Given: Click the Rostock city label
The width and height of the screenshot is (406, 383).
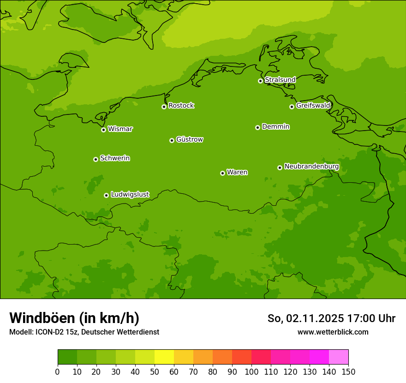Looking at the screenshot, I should pos(181,106).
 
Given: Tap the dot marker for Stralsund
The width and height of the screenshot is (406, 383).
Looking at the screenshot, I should pos(260,81).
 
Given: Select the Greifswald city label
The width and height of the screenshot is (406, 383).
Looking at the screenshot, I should pos(313,106).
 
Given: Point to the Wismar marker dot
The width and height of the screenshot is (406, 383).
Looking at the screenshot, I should pos(103,130).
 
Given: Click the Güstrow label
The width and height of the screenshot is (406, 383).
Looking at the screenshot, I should pos(190,139).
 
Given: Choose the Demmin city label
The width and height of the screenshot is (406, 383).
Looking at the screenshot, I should pos(275,126).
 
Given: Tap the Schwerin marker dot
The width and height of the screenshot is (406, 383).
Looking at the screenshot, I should pos(96,159).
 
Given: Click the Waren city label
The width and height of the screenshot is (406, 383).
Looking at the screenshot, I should pos(237,172).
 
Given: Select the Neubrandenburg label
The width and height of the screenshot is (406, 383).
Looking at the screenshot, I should pos(311,167).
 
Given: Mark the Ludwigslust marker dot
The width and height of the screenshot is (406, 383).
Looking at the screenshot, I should pos(106,195).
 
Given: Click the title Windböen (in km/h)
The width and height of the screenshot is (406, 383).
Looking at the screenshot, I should pos(74,318).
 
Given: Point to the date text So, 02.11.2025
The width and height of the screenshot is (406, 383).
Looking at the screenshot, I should pos(305,318).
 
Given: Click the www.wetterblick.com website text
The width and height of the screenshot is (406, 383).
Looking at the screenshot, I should pos(333,332).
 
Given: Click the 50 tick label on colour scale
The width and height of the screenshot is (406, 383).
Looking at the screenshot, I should pos(154,372).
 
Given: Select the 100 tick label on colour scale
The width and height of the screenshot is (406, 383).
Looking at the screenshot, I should pos(251,372).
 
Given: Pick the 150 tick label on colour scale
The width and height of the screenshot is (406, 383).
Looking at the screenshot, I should pos(348,372).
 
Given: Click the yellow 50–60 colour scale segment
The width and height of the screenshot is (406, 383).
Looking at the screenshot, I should pos(164,357).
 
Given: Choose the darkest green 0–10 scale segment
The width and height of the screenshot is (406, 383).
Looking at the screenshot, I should pos(67,357).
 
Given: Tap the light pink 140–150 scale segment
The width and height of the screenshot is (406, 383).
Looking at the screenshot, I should pos(339,357).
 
